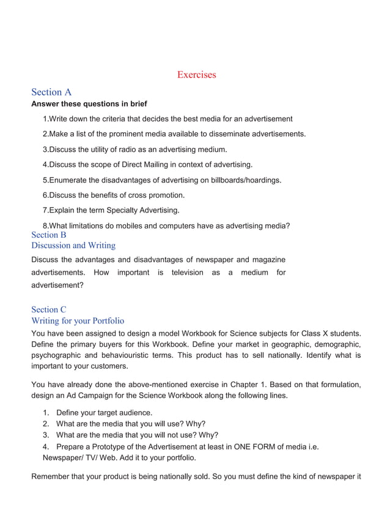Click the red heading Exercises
(x=196, y=75)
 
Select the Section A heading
(x=51, y=92)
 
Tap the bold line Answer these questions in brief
(x=89, y=104)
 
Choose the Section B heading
(x=49, y=235)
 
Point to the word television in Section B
(x=187, y=273)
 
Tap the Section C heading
(x=49, y=309)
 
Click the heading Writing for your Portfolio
(x=78, y=320)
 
